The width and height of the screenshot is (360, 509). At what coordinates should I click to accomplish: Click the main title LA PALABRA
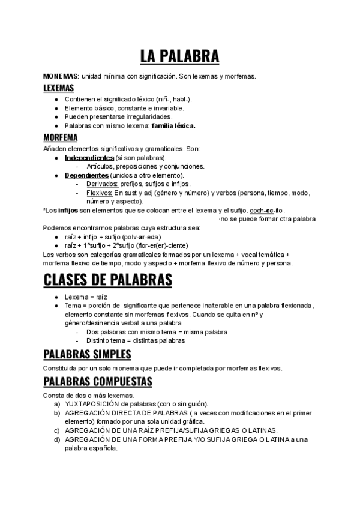179,56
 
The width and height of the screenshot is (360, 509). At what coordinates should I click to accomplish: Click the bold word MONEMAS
61,77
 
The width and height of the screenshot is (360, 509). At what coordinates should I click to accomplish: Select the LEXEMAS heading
58,88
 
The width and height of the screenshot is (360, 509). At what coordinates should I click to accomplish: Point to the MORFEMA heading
60,137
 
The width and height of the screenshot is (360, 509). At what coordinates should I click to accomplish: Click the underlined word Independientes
89,157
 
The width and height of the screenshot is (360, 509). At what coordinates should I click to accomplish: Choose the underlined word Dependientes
87,175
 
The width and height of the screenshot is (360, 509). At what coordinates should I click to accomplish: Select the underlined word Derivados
103,184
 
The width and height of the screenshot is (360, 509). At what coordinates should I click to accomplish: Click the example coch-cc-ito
267,211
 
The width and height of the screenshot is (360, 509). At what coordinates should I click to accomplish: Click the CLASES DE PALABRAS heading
108,280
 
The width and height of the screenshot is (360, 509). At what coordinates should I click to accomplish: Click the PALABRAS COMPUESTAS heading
106,382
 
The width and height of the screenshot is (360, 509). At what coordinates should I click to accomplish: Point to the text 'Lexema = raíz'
86,297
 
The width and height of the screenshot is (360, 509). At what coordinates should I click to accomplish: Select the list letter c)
56,430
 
